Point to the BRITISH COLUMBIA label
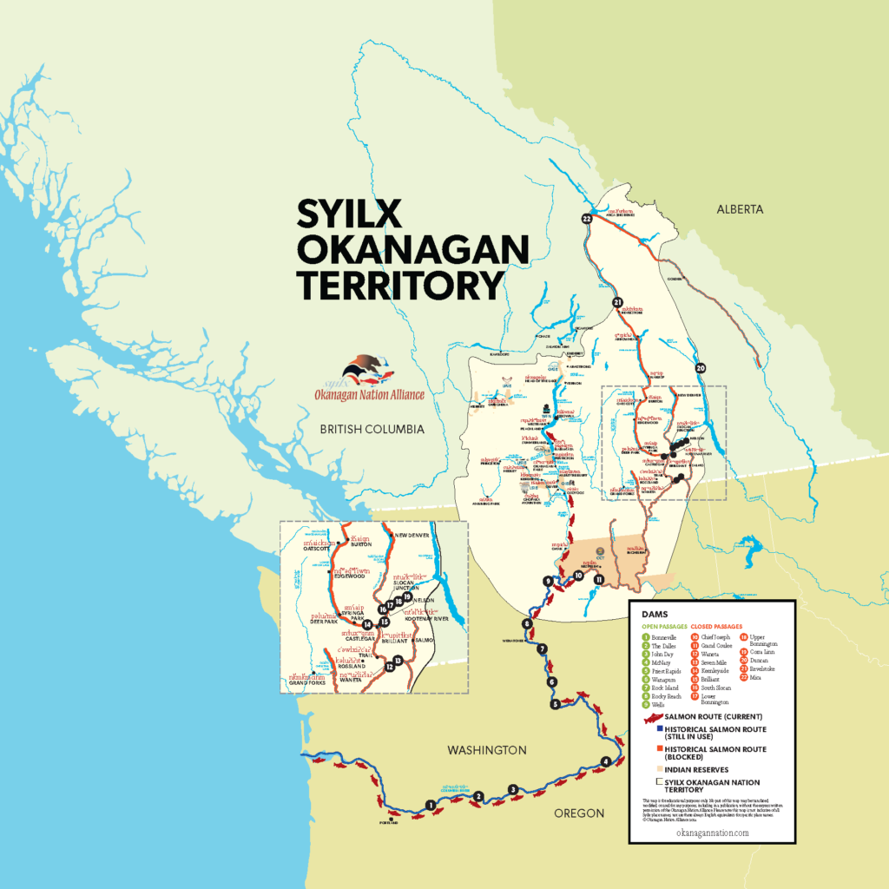371,429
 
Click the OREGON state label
578,813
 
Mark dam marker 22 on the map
588,220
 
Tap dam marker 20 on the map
701,368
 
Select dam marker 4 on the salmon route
605,762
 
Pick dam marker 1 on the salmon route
431,805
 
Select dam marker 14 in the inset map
368,624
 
